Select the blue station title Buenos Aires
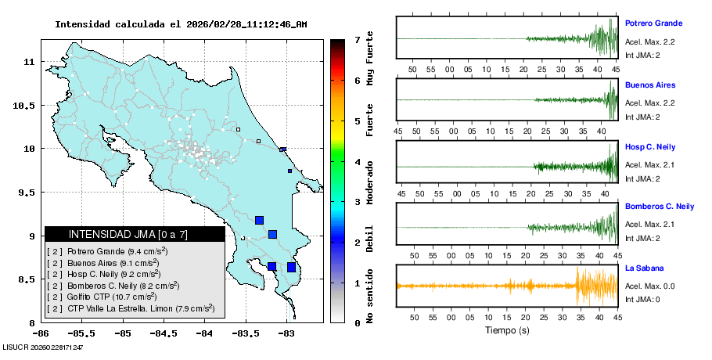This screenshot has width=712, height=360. coord(649,85)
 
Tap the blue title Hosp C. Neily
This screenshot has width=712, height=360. coord(649,146)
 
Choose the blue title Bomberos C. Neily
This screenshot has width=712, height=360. coord(660,207)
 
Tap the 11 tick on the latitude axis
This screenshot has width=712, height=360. coord(27,61)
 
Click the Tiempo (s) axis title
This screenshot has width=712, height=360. coord(506,330)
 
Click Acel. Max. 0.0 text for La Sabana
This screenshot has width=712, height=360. coord(649,286)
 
